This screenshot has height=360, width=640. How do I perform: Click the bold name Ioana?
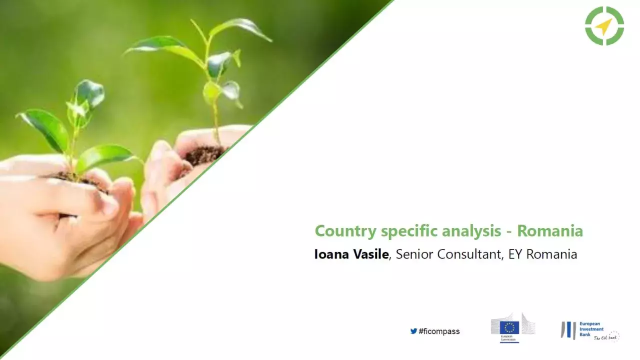[x=331, y=254]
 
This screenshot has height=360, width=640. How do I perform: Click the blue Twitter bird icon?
[x=413, y=331]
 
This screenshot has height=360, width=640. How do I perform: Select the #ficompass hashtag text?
[x=439, y=331]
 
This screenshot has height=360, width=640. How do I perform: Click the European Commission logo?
[x=512, y=328]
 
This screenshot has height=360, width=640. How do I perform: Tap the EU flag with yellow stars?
[x=509, y=327]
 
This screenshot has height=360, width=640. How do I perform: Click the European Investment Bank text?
[x=592, y=329]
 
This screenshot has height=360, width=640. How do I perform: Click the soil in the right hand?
[x=204, y=155]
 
